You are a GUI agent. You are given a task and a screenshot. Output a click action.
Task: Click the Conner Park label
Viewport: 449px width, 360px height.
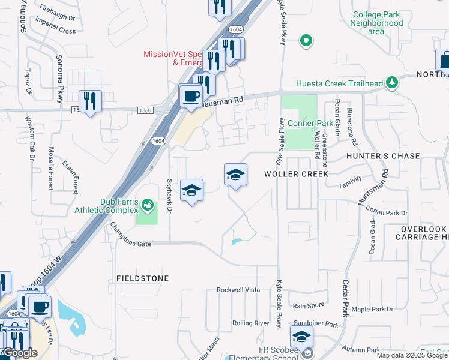click(310, 124)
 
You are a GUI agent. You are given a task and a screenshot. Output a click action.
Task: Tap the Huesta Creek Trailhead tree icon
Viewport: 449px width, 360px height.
click(393, 82)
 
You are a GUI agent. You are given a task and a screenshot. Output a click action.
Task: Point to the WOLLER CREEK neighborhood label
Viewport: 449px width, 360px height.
click(296, 174)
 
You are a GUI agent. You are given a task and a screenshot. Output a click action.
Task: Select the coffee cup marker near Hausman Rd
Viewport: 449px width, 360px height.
click(191, 96)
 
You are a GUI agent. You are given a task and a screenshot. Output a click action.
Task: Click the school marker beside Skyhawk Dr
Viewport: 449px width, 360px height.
click(191, 191)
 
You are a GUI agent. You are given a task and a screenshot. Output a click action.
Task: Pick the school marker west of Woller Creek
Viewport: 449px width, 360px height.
click(235, 175)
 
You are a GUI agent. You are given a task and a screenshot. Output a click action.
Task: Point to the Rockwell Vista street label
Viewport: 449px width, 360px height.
click(238, 290)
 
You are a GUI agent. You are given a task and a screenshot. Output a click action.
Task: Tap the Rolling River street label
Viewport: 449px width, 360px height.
click(250, 323)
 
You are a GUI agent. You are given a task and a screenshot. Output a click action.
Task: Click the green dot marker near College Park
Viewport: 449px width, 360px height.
click(306, 41)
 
